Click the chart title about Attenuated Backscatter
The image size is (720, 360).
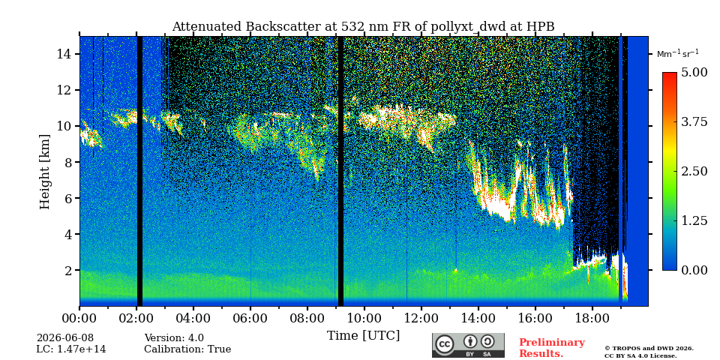(x=363, y=27)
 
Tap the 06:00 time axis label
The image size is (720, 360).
(x=250, y=318)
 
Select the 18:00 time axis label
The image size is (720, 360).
(x=592, y=318)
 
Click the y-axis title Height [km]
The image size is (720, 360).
(x=44, y=172)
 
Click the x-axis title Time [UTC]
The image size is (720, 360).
(x=363, y=336)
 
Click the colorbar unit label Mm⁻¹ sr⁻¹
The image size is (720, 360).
(x=678, y=54)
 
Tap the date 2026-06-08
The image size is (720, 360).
(x=65, y=338)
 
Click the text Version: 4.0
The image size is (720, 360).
(x=174, y=338)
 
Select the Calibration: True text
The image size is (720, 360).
(x=187, y=349)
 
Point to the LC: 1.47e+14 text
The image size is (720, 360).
(x=71, y=349)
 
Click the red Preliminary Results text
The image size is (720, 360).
(x=552, y=348)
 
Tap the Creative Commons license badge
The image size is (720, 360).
(x=468, y=345)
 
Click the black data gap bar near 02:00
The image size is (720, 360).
(x=139, y=171)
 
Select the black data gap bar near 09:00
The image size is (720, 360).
(x=340, y=171)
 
